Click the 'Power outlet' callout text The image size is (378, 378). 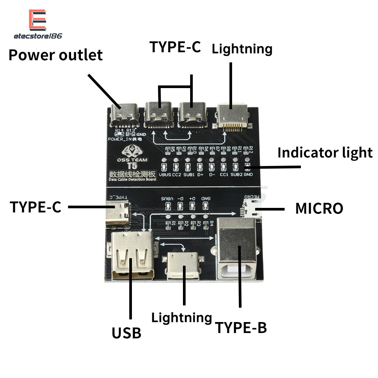tap(56, 55)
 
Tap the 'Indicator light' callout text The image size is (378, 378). tap(325, 152)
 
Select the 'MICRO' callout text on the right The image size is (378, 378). tap(319, 208)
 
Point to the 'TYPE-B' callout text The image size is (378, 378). tap(241, 327)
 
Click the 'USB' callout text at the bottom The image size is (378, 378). tap(126, 333)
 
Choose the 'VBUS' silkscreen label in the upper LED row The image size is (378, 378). tap(165, 175)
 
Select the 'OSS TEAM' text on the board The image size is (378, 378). tap(132, 159)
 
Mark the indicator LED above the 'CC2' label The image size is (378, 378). tap(176, 166)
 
